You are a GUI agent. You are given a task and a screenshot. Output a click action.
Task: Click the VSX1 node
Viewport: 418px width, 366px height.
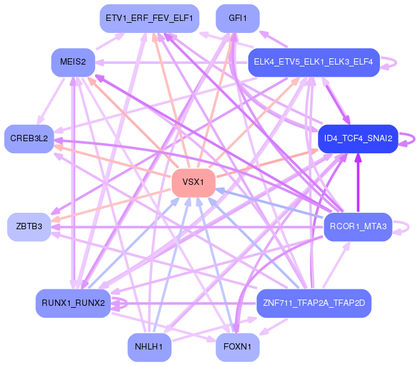[x=193, y=182]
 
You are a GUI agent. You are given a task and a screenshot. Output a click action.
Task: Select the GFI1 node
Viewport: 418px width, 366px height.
[x=237, y=18]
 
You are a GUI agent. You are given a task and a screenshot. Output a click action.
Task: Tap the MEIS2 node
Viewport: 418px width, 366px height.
[x=73, y=62]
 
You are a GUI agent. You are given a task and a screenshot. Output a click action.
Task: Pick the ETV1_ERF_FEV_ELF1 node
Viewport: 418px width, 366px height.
[x=149, y=18]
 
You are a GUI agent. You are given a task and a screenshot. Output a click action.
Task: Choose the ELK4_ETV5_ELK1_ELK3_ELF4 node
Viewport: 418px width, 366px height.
[x=313, y=62]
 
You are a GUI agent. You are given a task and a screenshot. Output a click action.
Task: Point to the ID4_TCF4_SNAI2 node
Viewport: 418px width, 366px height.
[x=358, y=138]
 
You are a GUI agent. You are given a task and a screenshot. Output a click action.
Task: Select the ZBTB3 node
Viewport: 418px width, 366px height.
[x=29, y=226]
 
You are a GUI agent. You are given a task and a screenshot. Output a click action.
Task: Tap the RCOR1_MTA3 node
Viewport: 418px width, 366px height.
[x=358, y=226]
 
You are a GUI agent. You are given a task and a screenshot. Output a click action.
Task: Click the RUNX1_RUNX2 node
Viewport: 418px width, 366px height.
[x=73, y=303]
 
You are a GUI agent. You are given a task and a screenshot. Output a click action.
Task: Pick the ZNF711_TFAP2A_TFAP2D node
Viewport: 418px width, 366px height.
[x=313, y=303]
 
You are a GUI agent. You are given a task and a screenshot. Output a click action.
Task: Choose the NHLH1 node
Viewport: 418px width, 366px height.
[x=149, y=346]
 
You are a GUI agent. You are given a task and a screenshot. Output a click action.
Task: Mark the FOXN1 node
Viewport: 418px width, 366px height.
[x=237, y=346]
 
